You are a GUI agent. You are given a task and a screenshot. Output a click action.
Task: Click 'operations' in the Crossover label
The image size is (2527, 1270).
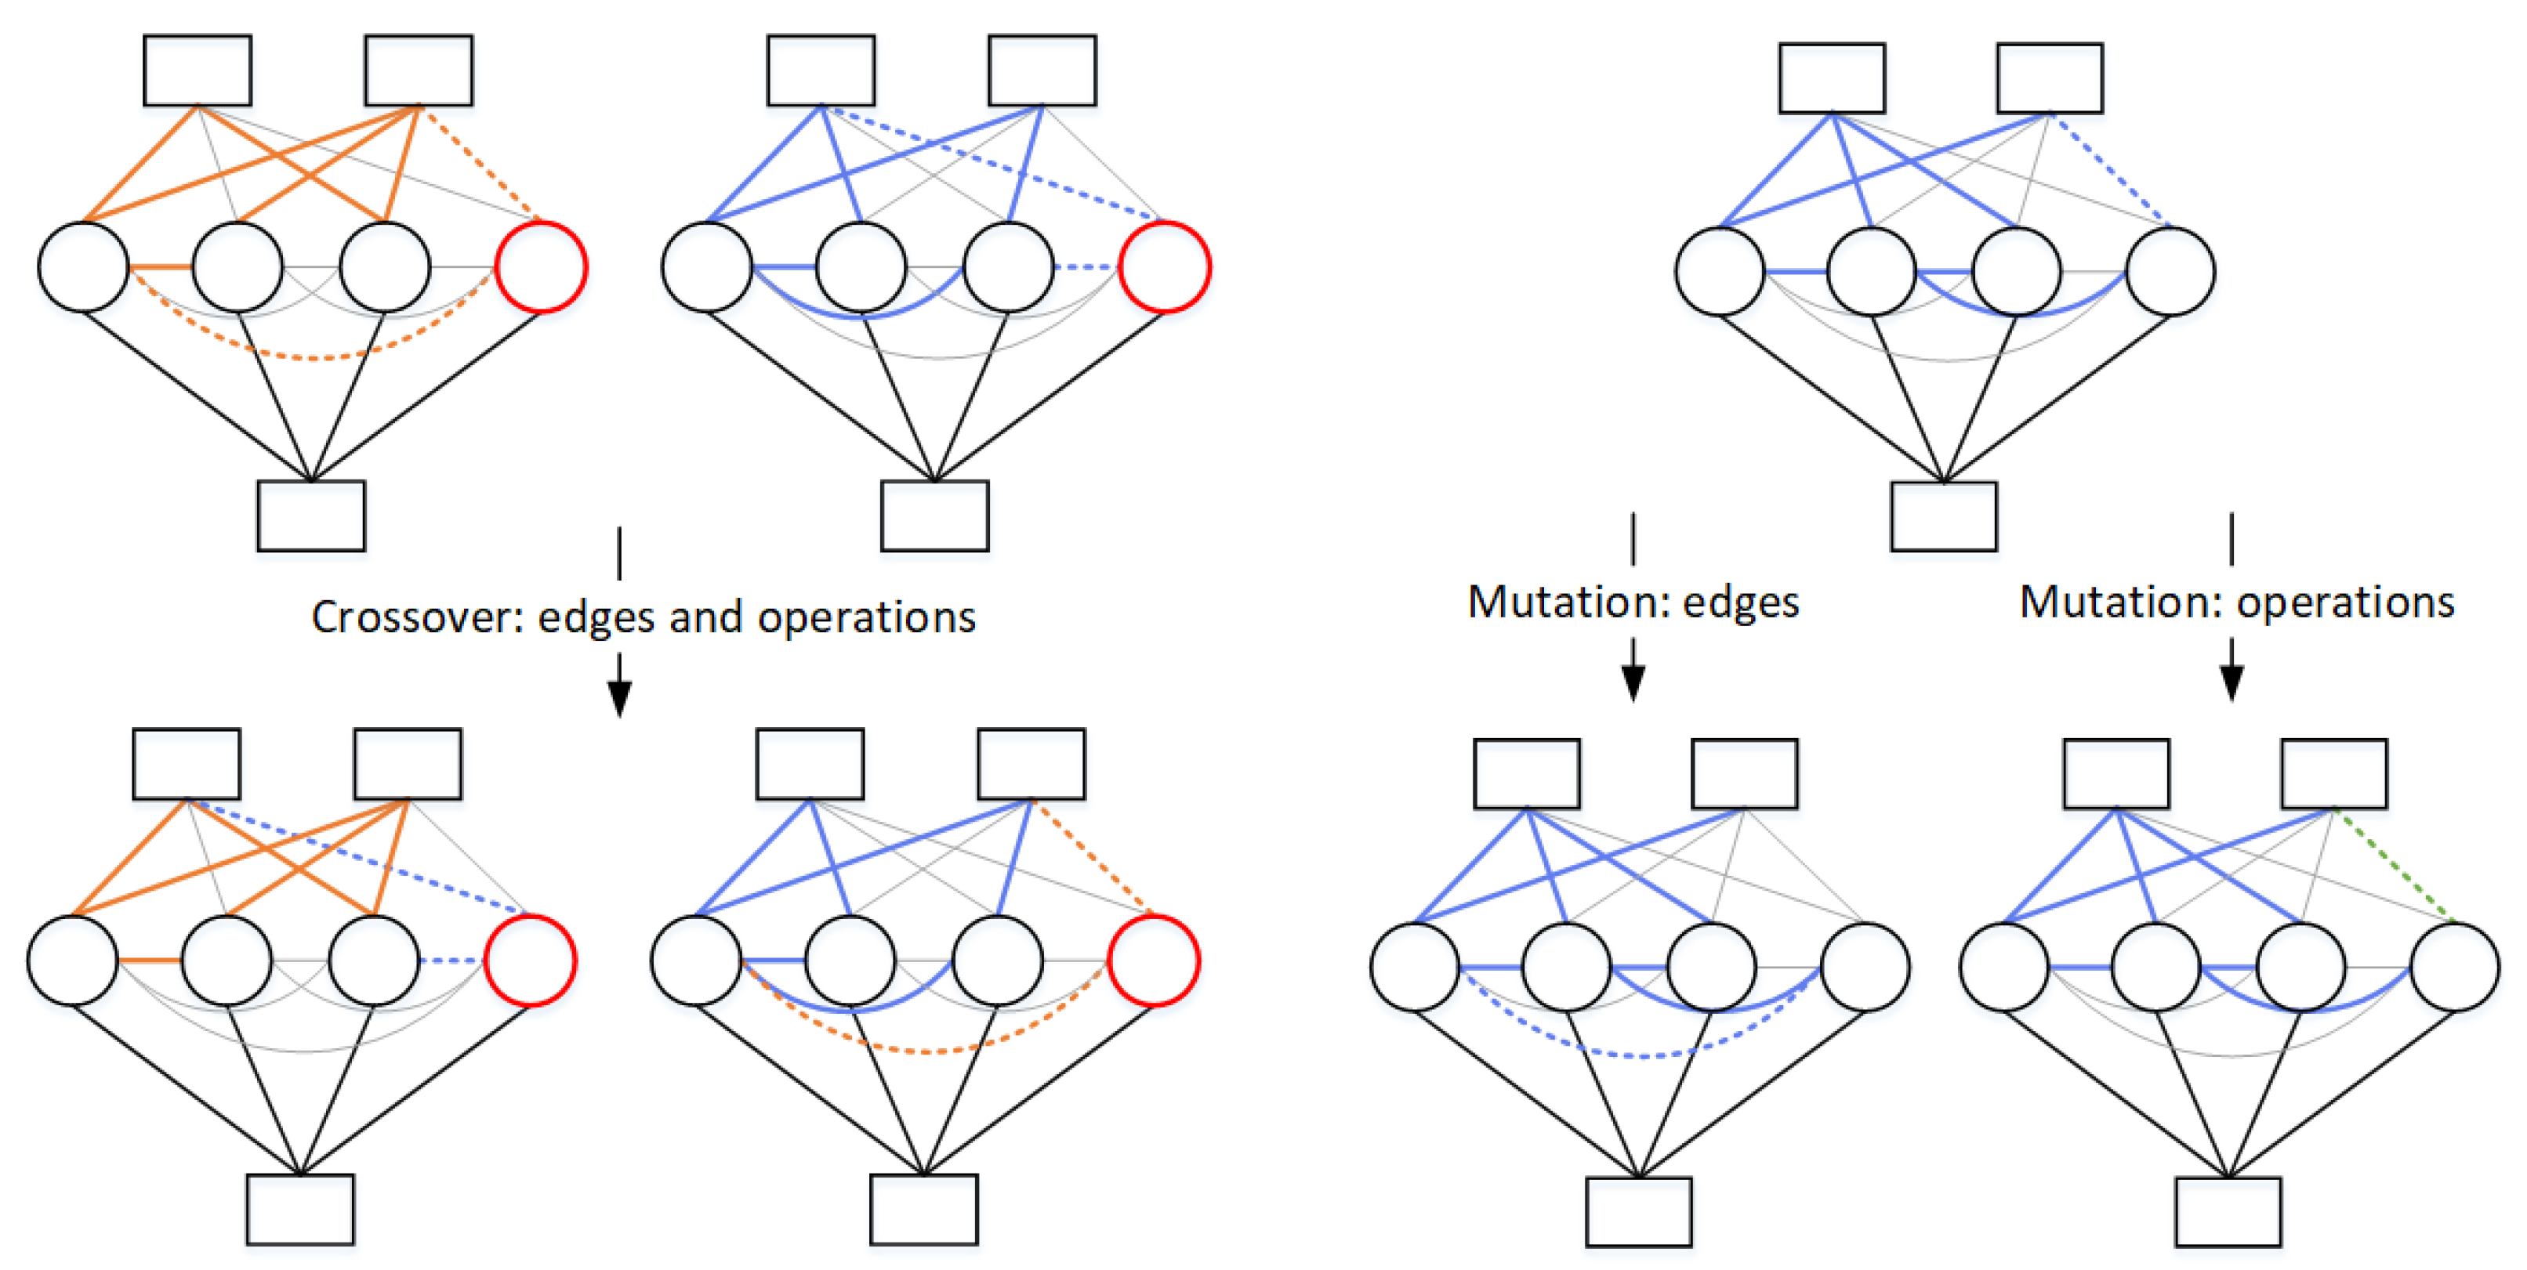[866, 617]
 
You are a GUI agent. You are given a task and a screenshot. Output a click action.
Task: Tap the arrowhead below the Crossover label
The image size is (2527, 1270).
[619, 697]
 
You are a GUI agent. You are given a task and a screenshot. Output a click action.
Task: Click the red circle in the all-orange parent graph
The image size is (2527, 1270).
[542, 266]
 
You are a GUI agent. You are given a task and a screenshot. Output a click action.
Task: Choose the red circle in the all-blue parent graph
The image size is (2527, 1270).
[1166, 266]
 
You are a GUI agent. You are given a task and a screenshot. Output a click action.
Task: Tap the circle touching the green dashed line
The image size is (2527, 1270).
[2454, 967]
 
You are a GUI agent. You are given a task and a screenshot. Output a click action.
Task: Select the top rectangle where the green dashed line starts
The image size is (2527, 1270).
[2333, 774]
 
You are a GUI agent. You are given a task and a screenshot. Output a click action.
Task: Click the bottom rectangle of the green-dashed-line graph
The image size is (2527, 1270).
[2228, 1211]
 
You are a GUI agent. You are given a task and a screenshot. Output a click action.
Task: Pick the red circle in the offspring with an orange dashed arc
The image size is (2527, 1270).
[1154, 960]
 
